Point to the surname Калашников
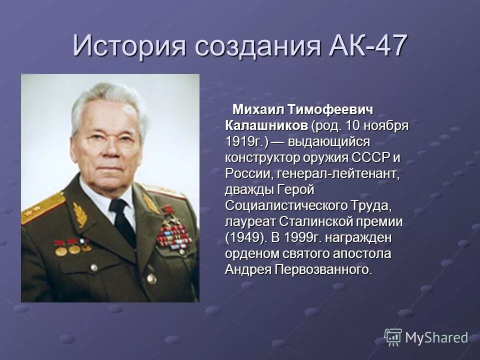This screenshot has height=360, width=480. click(x=266, y=125)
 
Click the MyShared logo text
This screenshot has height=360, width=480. click(x=436, y=337)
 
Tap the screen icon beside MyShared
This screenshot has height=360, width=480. click(x=393, y=337)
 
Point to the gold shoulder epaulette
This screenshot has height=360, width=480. click(x=42, y=208)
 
